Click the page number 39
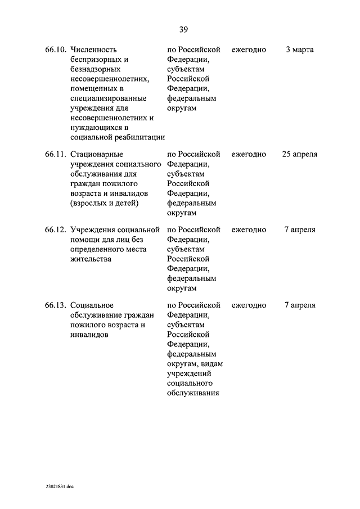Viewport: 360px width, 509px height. (x=183, y=30)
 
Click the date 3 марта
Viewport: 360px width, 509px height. (x=299, y=50)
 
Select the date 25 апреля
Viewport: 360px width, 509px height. (x=299, y=154)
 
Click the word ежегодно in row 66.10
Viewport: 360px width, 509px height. (x=249, y=50)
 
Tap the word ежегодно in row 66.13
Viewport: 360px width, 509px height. (x=249, y=305)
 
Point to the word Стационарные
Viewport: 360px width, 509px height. (x=97, y=154)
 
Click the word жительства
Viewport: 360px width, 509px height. (x=91, y=259)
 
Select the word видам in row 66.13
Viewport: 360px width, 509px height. (x=211, y=364)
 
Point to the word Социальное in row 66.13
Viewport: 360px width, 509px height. (x=93, y=305)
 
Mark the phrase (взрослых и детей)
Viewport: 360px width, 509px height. (x=104, y=203)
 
